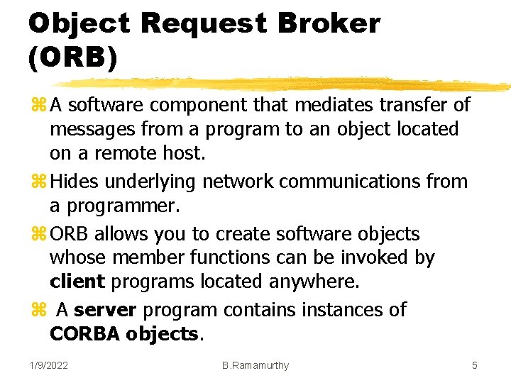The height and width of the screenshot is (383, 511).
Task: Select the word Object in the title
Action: click(x=79, y=23)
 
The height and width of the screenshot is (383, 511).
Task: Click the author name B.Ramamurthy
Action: click(x=255, y=365)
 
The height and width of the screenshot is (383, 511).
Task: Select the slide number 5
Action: click(x=475, y=365)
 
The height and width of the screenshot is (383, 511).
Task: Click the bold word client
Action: click(x=77, y=282)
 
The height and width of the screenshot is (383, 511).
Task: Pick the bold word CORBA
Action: click(x=84, y=333)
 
